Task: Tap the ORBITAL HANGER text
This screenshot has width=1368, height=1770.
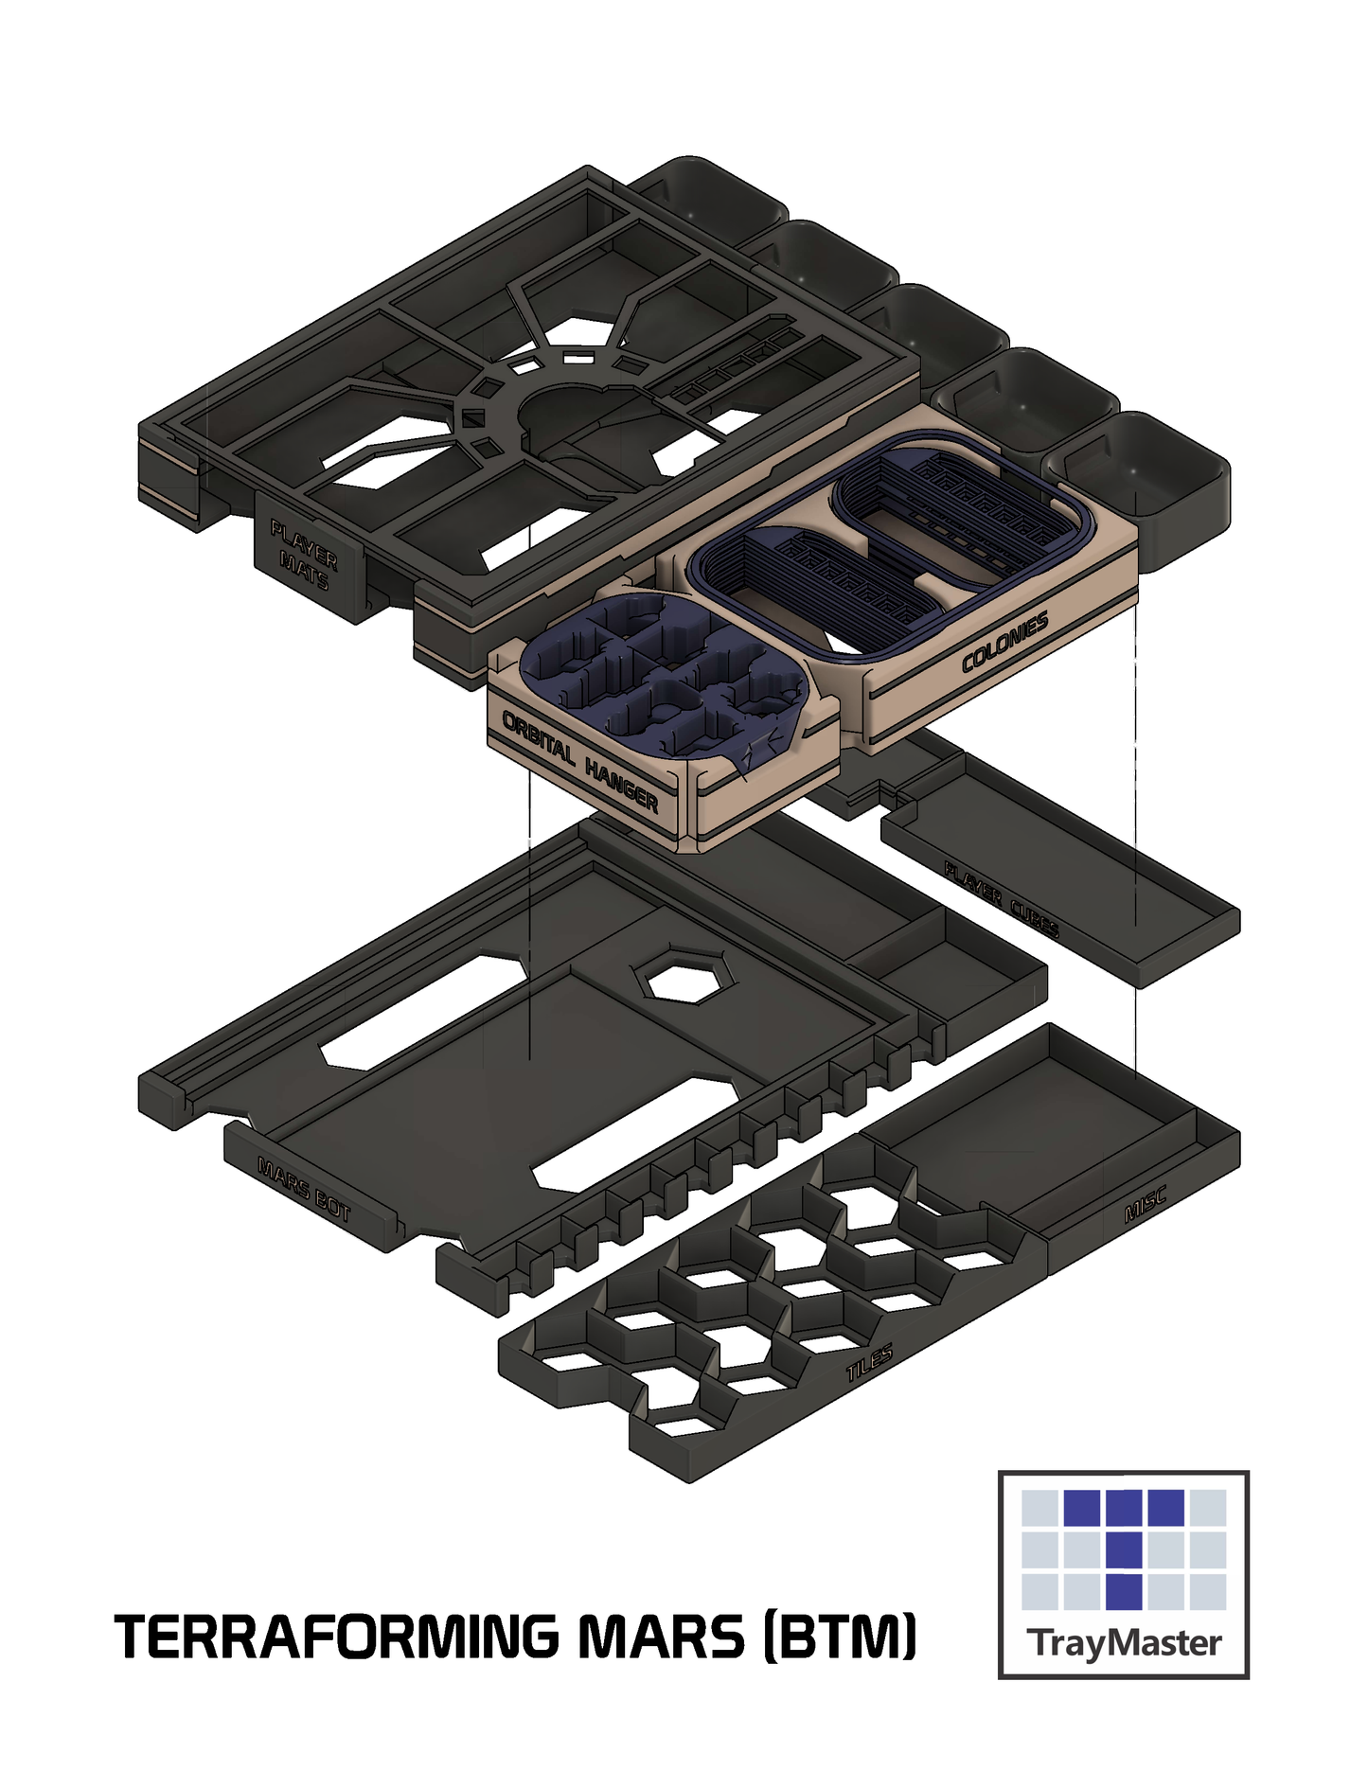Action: pyautogui.click(x=579, y=760)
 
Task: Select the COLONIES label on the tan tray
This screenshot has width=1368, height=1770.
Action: pyautogui.click(x=1004, y=643)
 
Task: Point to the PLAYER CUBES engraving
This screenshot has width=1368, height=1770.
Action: pyautogui.click(x=1002, y=898)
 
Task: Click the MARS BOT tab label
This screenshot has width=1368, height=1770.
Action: pyautogui.click(x=304, y=1189)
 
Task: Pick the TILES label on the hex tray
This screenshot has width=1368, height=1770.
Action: pyautogui.click(x=869, y=1364)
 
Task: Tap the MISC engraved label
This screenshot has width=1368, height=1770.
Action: pyautogui.click(x=1144, y=1203)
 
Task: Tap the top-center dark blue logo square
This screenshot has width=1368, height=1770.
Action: pyautogui.click(x=1124, y=1508)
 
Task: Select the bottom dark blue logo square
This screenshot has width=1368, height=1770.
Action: pyautogui.click(x=1124, y=1591)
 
